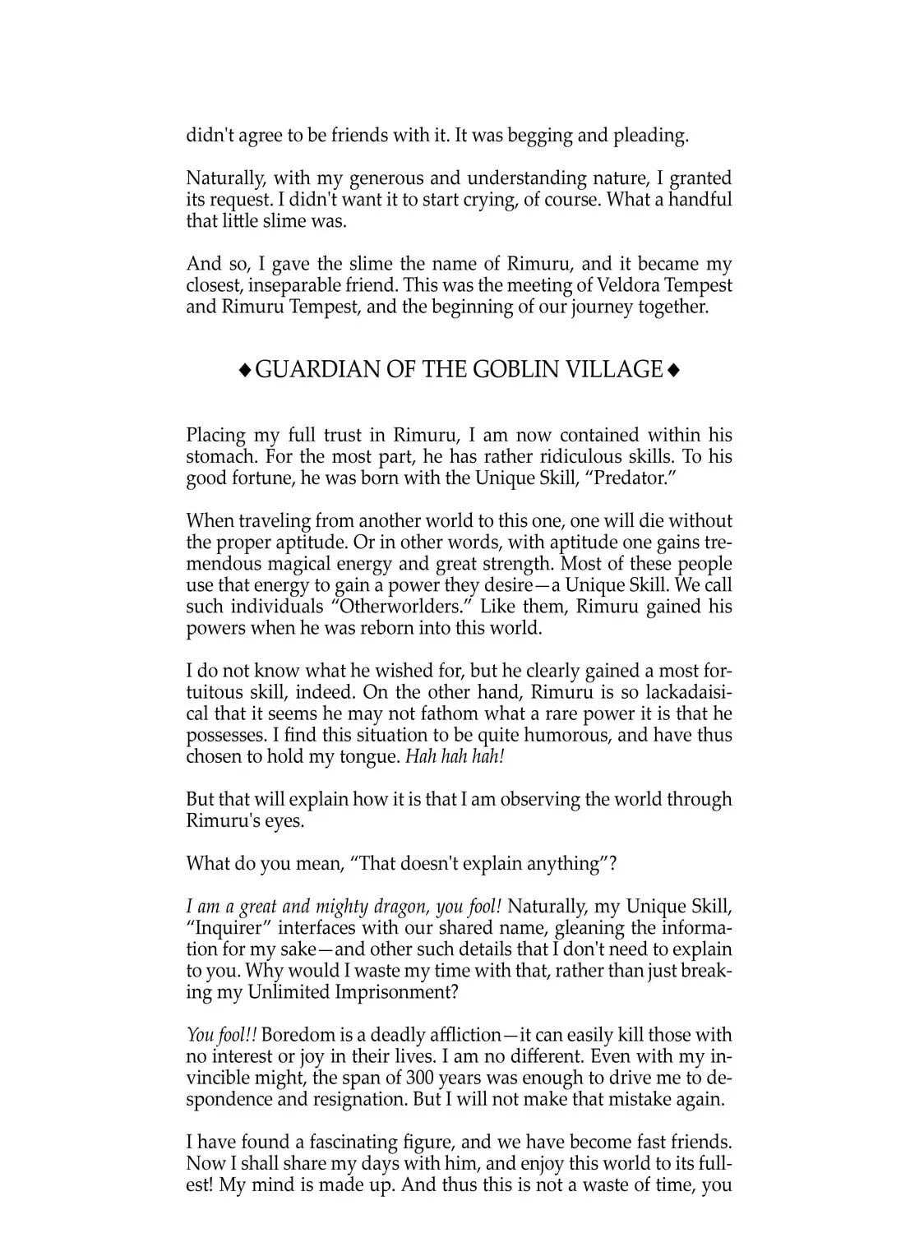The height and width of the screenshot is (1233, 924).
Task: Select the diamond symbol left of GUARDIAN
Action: pos(244,372)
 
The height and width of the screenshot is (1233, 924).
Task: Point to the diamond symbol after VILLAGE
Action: pos(673,372)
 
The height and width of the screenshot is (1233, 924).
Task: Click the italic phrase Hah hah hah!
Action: pos(455,756)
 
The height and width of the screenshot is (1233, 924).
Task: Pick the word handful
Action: pos(700,200)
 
